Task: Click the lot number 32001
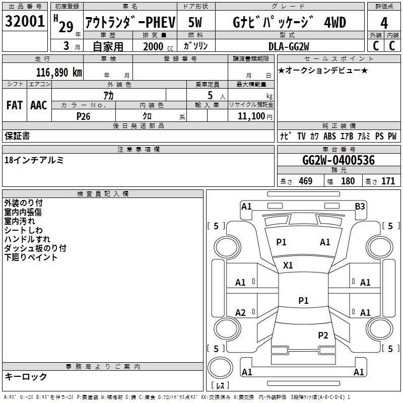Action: click(25, 21)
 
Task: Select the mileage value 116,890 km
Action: click(59, 73)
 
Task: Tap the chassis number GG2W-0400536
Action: click(339, 160)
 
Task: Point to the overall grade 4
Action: click(384, 23)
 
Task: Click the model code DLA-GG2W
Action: click(289, 46)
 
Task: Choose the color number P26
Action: click(83, 116)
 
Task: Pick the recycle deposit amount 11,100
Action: click(251, 116)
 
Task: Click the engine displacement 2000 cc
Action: click(158, 47)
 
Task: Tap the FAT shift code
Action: click(15, 105)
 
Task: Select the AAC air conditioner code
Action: click(39, 105)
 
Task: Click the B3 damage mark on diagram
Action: click(360, 207)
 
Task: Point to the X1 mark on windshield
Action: click(288, 265)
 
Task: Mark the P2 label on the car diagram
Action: click(323, 335)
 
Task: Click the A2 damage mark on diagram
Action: click(240, 313)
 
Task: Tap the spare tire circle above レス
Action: click(220, 367)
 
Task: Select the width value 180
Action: click(348, 181)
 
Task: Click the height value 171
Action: click(388, 181)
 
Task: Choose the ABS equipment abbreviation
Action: click(329, 136)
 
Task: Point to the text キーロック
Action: click(26, 377)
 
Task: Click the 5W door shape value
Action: click(195, 22)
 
